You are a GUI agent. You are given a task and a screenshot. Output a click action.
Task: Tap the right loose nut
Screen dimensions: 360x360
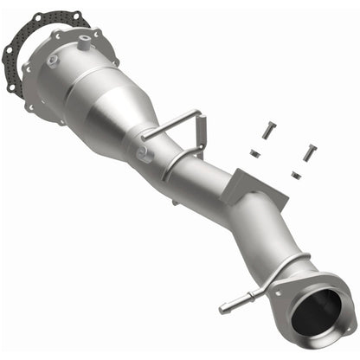point(297,176)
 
